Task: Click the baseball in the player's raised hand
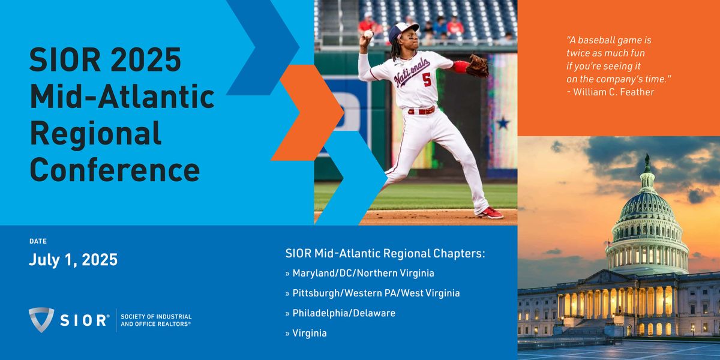click(368, 34)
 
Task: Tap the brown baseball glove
click(478, 66)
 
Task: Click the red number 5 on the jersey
click(427, 79)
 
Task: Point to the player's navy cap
click(403, 31)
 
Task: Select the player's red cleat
click(491, 213)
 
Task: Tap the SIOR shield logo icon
click(41, 320)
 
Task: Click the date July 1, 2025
click(73, 260)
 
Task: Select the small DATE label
click(38, 241)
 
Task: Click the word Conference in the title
click(115, 170)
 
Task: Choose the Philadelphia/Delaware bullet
click(340, 313)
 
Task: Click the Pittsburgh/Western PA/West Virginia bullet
click(373, 293)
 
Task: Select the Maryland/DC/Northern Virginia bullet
click(359, 273)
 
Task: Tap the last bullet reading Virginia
click(306, 334)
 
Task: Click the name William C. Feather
click(613, 92)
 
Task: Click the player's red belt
click(421, 111)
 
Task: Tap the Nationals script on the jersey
click(412, 73)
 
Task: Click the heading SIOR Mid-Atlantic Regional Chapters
click(385, 253)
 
